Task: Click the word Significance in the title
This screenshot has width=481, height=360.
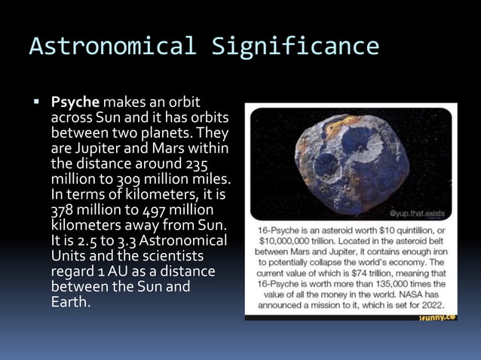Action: tap(295, 47)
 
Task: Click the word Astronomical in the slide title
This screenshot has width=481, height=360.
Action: tap(114, 47)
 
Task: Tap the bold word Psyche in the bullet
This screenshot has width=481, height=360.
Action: tap(75, 101)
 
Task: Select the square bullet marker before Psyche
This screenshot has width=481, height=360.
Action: tap(35, 101)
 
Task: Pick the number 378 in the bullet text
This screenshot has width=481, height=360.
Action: tap(63, 210)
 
